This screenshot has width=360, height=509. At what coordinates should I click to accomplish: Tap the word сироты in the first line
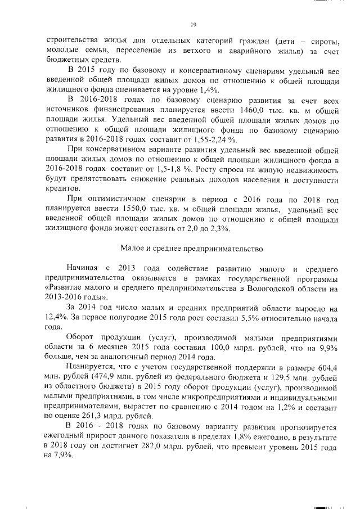322,41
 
